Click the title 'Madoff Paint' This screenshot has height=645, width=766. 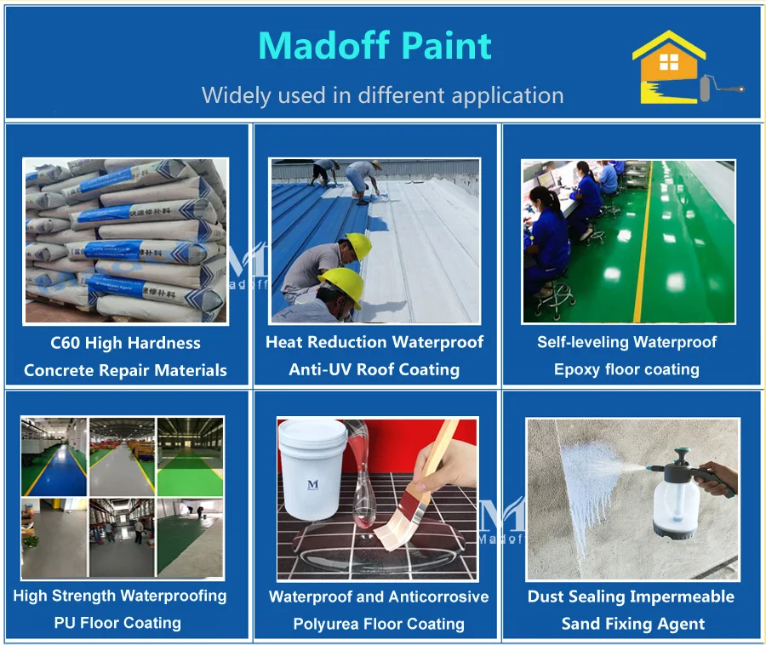(x=374, y=46)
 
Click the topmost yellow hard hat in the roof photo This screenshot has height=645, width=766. (x=357, y=246)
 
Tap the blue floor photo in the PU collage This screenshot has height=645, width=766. (x=54, y=456)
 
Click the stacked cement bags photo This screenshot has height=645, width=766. (x=125, y=241)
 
